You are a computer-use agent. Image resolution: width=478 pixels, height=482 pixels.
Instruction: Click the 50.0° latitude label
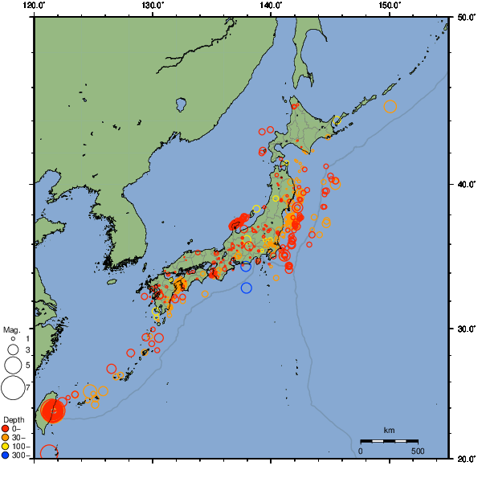pyautogui.click(x=464, y=17)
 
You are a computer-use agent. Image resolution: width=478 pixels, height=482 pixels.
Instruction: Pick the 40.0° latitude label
pyautogui.click(x=464, y=184)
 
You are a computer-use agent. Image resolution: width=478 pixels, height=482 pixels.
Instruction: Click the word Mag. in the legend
pyautogui.click(x=10, y=330)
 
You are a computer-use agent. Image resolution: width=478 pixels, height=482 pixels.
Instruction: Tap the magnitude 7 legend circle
pyautogui.click(x=12, y=389)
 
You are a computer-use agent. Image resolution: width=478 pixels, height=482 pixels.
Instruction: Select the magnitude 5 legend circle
pyautogui.click(x=12, y=366)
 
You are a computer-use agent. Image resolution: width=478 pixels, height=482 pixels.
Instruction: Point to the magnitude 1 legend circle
pyautogui.click(x=13, y=339)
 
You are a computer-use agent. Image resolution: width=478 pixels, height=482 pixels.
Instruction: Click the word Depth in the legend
pyautogui.click(x=13, y=420)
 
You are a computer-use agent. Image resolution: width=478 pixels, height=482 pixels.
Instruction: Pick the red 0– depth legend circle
pyautogui.click(x=6, y=428)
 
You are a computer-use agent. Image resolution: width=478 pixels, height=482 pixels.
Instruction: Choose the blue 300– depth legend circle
pyautogui.click(x=6, y=455)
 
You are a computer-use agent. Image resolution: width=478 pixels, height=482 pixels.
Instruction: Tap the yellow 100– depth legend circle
pyautogui.click(x=6, y=446)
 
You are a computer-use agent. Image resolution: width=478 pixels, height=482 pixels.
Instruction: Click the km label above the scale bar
pyautogui.click(x=389, y=431)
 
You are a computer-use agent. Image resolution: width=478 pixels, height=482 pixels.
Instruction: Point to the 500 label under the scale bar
pyautogui.click(x=418, y=451)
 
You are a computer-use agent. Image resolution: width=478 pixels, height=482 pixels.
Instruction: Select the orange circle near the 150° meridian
pyautogui.click(x=390, y=107)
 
